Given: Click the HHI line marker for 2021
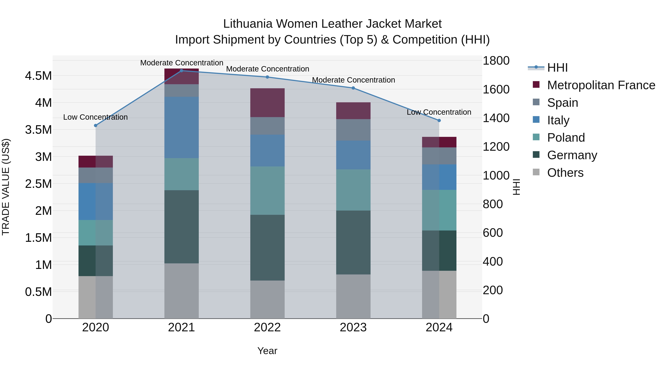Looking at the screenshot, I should [181, 71].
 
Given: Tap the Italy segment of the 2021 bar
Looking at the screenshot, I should [181, 127].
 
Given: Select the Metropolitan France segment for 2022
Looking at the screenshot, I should [267, 103].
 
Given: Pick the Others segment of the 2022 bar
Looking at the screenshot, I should [267, 299].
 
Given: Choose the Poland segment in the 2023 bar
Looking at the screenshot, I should [353, 190].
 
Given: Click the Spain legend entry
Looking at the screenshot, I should [562, 103].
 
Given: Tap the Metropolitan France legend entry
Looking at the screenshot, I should [601, 85].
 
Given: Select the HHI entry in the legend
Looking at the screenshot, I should [557, 68].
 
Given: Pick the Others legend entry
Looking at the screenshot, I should [565, 173].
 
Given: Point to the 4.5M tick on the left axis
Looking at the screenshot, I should [38, 76].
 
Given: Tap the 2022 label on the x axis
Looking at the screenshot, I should [267, 327].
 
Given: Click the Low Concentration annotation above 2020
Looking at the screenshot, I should [96, 117].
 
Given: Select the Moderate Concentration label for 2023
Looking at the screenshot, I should [353, 80].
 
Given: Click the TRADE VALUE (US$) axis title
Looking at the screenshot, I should [6, 187].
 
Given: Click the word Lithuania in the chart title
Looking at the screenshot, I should [248, 24].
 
